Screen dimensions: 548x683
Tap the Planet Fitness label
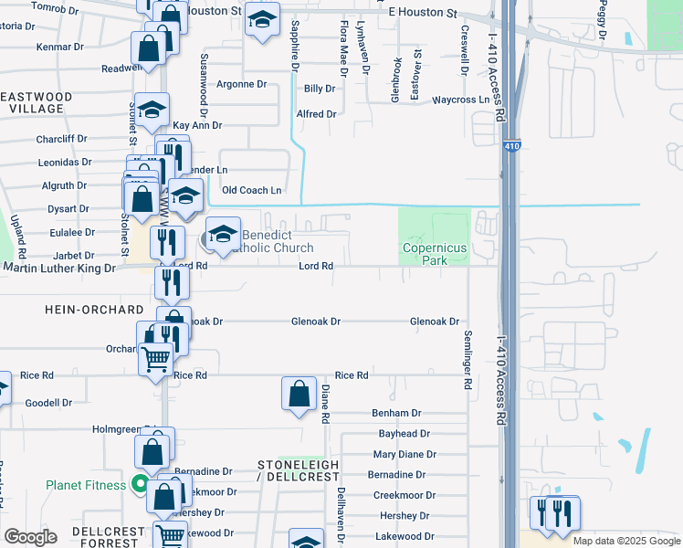(86, 485)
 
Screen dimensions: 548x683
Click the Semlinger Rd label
(468, 360)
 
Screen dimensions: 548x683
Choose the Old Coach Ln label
(252, 190)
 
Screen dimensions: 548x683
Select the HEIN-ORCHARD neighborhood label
(94, 311)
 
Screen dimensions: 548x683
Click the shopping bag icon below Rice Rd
(299, 395)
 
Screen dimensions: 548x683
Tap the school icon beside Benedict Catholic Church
(222, 234)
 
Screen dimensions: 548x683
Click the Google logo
(30, 536)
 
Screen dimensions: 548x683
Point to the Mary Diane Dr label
(405, 454)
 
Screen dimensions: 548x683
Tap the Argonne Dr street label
(240, 84)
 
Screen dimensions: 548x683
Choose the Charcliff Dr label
(61, 140)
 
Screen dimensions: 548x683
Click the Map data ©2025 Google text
(625, 541)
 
